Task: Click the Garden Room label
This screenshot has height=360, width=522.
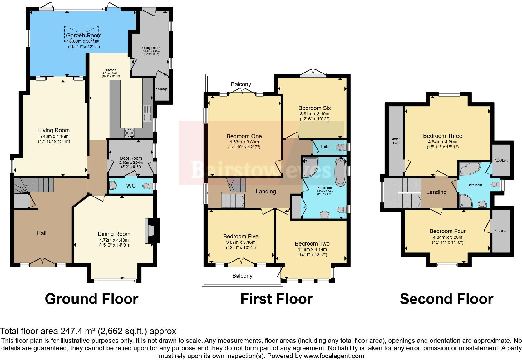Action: coord(84,36)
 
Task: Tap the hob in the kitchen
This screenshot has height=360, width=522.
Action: coord(129,133)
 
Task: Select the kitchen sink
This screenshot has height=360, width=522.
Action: coord(147,114)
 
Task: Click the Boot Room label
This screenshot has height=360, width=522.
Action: coord(130,158)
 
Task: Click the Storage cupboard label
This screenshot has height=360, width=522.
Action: coord(162,89)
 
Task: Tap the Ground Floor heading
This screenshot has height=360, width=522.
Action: coord(91,299)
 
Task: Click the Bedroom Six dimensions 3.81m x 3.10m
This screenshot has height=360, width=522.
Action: coord(314,114)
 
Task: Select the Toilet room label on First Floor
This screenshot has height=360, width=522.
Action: coord(325,146)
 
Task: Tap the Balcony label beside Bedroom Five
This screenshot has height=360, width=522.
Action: coord(242,276)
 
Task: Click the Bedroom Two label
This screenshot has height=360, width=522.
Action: coord(312,243)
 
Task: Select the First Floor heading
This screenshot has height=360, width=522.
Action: coord(276,299)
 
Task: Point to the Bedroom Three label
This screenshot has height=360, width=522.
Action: coord(442,136)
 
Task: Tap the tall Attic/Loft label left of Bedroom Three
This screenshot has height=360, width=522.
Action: coord(396,141)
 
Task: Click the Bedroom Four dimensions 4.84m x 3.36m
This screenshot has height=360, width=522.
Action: coord(447,237)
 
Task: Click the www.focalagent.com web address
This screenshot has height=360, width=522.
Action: coord(334,356)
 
